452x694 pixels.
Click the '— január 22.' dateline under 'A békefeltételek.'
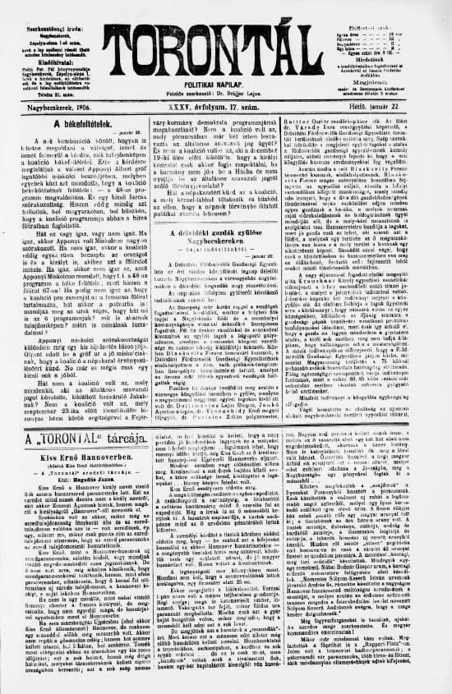pos(115,132)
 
